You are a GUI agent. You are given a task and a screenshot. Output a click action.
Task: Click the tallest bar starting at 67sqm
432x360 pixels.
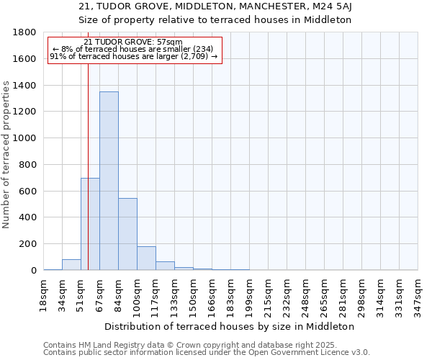109,181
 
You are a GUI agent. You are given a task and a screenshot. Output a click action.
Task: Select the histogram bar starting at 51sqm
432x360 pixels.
90,224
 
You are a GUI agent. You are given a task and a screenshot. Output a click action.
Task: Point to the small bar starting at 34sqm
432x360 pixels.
71,265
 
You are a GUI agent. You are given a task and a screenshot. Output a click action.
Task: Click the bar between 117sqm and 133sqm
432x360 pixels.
165,266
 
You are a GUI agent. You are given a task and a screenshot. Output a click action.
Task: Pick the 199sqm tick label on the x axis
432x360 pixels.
249,295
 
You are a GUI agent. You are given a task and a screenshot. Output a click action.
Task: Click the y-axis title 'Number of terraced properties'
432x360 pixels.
6,155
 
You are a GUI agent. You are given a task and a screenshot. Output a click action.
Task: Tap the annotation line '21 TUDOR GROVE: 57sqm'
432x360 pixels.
133,42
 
